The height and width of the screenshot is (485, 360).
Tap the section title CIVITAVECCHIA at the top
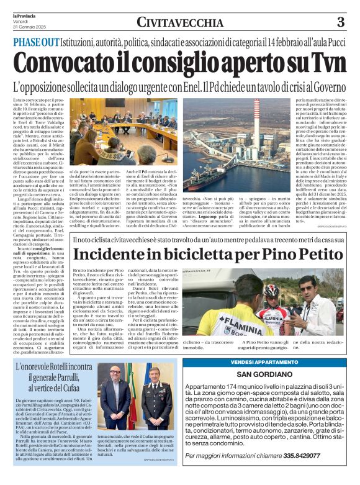tap(179, 22)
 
